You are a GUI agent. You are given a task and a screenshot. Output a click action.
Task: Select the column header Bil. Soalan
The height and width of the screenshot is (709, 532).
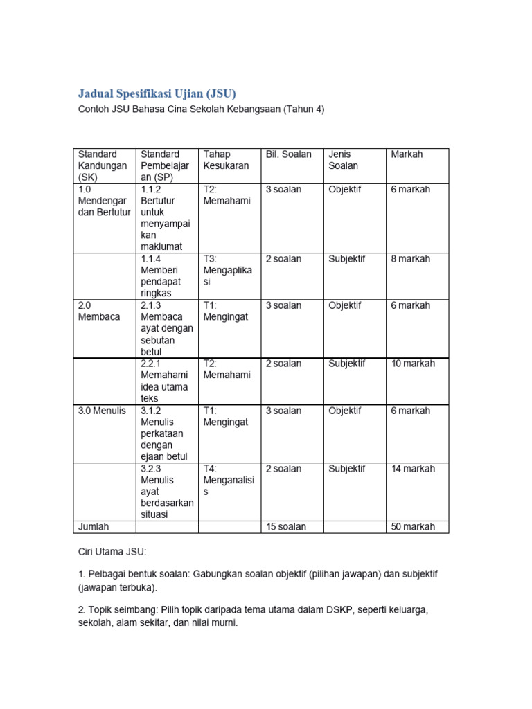(288, 154)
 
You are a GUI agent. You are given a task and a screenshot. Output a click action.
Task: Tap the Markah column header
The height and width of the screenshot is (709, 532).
(407, 154)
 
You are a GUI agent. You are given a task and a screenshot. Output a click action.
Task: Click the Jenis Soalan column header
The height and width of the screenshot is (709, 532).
(344, 160)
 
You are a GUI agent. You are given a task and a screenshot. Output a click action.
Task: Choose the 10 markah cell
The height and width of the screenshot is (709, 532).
(413, 364)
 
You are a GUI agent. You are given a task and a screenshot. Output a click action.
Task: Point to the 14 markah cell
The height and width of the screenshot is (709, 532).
(413, 469)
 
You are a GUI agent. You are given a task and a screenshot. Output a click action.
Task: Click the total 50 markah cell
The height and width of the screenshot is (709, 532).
(413, 527)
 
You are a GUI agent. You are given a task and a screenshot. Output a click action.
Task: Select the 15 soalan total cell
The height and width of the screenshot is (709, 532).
(285, 527)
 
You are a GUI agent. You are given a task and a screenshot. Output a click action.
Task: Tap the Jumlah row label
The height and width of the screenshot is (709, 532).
(94, 527)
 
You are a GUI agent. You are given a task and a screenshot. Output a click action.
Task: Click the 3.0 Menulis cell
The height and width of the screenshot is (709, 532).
(102, 411)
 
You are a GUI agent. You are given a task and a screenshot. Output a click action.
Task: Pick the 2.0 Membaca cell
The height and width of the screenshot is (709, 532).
(99, 311)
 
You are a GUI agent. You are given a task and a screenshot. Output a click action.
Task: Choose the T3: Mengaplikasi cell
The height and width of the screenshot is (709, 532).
(228, 271)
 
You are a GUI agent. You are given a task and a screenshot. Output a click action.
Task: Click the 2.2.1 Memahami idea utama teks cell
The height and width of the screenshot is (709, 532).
(164, 381)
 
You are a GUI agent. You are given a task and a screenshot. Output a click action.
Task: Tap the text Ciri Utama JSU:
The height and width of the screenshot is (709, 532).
(112, 552)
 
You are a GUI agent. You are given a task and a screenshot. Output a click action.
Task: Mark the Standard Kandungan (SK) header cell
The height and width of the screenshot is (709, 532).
(103, 165)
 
